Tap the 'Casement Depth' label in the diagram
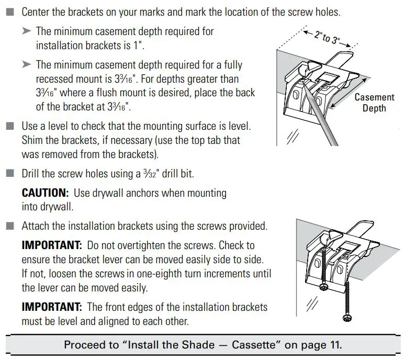coord(374,103)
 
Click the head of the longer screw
coord(346,318)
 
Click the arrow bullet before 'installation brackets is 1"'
coord(27,32)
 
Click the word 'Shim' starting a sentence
coord(33,140)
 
